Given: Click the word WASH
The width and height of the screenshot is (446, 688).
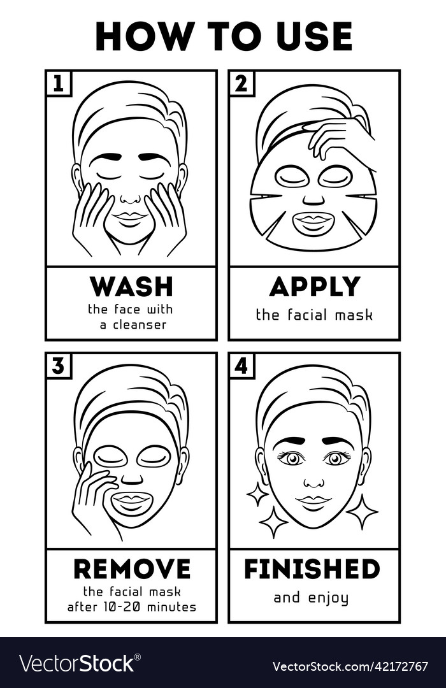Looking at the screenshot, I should pos(131,287).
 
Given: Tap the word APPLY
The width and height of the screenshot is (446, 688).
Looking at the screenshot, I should pos(314,287).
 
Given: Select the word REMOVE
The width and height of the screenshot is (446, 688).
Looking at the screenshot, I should pos(131,569).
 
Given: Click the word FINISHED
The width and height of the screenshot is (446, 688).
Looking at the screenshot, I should pos(312,569).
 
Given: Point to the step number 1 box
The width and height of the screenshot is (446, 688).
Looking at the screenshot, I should pos(58,83).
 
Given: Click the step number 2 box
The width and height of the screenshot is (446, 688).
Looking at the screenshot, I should pos(241,83).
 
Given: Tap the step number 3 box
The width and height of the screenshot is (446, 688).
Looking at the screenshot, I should pos(58,366).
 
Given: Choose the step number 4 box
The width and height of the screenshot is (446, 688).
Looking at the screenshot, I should pos(241,366).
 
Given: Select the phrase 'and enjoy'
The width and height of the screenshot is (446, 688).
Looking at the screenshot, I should pos(311,598).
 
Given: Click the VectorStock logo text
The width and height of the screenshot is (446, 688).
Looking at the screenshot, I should pos(76,663).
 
